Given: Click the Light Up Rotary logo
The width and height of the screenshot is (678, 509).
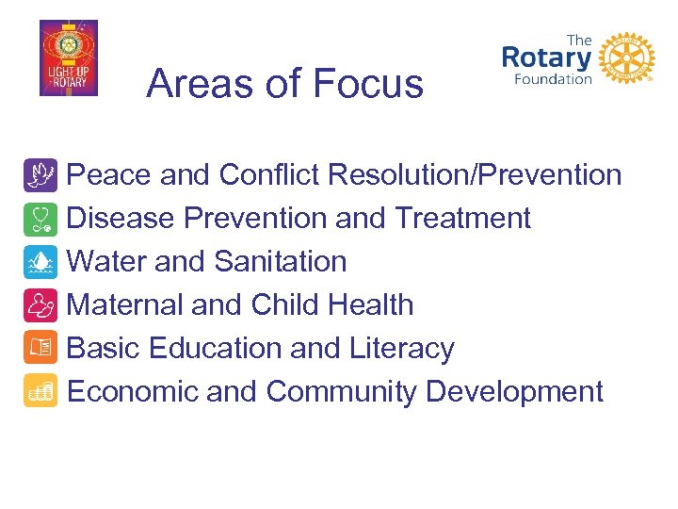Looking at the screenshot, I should (x=68, y=57).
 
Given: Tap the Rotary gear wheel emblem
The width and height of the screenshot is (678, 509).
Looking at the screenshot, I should (x=626, y=58).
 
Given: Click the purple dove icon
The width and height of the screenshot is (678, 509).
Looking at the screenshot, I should (x=40, y=175).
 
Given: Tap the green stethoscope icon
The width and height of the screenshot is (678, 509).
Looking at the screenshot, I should (x=40, y=219).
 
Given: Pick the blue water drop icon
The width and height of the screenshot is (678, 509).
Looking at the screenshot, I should (x=40, y=262).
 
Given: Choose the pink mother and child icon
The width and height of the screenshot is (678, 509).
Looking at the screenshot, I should (x=40, y=305).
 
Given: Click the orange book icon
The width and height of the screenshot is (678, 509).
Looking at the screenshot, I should (x=40, y=349).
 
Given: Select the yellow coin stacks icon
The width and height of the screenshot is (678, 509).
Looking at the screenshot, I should (x=40, y=391).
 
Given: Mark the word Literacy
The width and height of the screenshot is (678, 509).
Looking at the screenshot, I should (x=401, y=349).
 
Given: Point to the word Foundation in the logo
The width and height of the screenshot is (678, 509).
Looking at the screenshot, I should (x=552, y=79).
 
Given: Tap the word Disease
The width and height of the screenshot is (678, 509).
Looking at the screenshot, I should (x=121, y=219).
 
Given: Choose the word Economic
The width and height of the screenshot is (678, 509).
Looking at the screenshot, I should (x=133, y=391).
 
